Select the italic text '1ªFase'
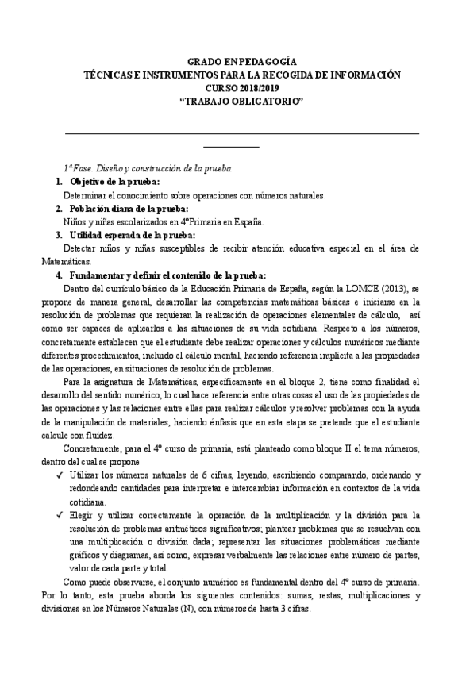(x=78, y=168)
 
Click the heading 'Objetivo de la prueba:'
(x=114, y=182)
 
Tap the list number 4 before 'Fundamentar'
(x=58, y=276)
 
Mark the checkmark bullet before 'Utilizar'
(x=60, y=476)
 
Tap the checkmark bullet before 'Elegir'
(x=60, y=516)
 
